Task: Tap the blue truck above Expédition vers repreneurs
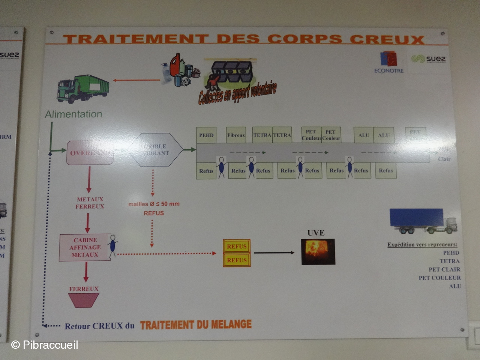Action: [x=422, y=220]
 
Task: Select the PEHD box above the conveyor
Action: [x=206, y=135]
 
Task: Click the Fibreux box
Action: [x=236, y=135]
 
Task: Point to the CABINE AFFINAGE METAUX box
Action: [x=85, y=247]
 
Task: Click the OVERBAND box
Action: [x=90, y=153]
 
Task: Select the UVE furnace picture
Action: [x=318, y=252]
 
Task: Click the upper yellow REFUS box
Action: [x=237, y=246]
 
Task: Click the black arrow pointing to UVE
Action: [x=274, y=253]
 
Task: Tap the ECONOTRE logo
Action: [x=389, y=62]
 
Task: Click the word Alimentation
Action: [x=73, y=114]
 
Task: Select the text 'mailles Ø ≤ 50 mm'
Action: [x=154, y=204]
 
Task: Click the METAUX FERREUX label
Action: [x=90, y=203]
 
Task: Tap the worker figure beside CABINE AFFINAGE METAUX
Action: [x=112, y=246]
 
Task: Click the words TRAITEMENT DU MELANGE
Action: [x=196, y=325]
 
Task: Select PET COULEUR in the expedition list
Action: [x=439, y=278]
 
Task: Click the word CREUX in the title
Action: [x=387, y=39]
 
